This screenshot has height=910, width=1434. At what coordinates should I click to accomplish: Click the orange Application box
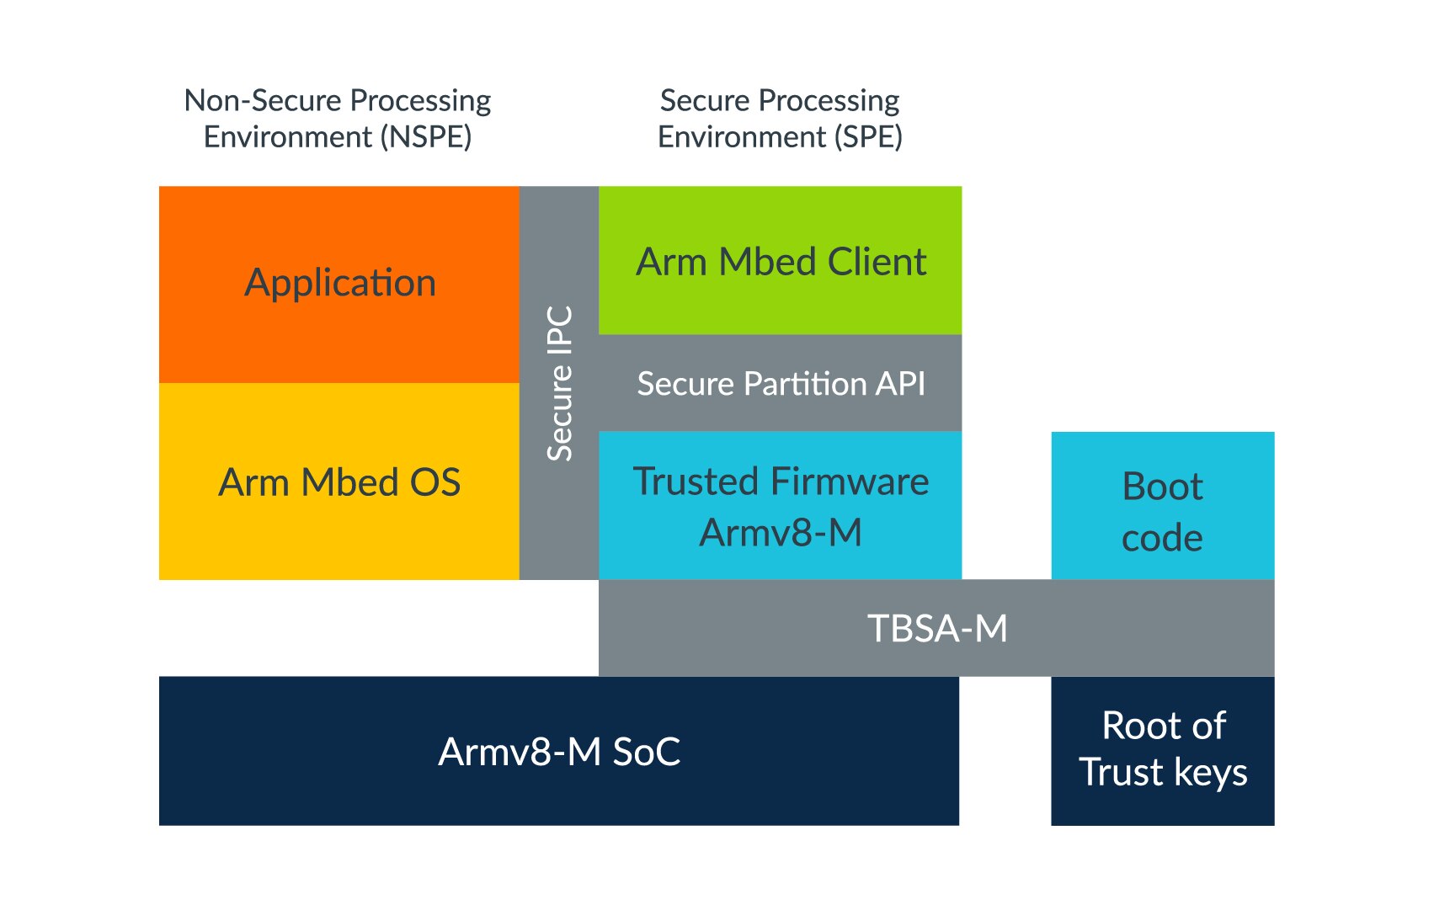[x=339, y=284]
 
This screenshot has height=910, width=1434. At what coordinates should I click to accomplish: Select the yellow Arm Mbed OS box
[x=339, y=482]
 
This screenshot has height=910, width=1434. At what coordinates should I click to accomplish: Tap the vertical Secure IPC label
[x=560, y=383]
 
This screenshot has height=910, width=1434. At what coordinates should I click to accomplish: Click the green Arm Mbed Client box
[x=780, y=261]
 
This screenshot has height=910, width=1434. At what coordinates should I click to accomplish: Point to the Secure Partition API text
[x=781, y=384]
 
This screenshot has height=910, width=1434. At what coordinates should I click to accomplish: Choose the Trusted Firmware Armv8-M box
[x=780, y=506]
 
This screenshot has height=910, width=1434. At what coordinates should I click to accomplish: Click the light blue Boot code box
[x=1162, y=510]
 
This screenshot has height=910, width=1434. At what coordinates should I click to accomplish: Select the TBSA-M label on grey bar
[x=937, y=628]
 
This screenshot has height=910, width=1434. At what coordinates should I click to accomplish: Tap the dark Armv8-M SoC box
[x=559, y=751]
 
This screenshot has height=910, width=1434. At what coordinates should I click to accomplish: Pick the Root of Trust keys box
[x=1162, y=749]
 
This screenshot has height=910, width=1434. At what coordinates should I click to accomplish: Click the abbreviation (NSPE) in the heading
[x=426, y=136]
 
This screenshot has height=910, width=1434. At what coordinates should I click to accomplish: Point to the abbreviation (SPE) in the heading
[x=868, y=136]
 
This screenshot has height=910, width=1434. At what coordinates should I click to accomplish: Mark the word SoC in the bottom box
[x=646, y=752]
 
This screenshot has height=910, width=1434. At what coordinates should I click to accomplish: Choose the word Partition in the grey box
[x=805, y=384]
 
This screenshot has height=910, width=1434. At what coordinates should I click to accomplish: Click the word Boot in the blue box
[x=1162, y=487]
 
